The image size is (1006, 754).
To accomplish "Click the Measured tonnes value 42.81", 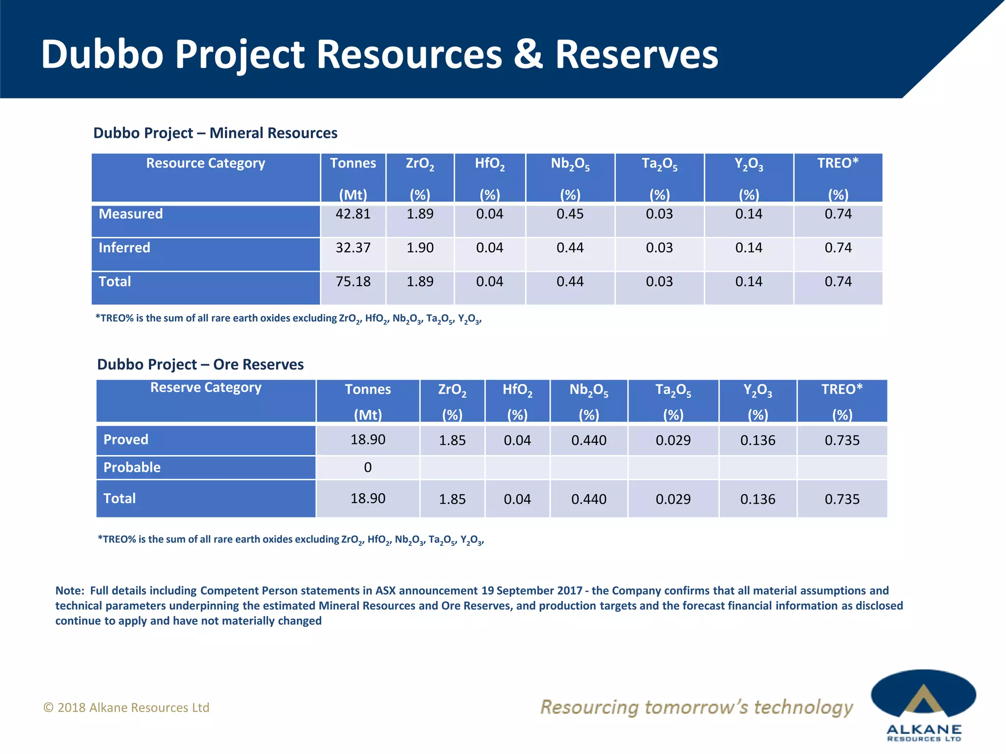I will coord(353,214).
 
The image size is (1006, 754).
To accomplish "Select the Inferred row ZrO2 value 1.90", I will coord(419,248).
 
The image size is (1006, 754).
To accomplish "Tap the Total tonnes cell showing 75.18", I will coord(353,282).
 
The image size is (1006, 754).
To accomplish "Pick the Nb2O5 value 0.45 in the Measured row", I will coord(570,214).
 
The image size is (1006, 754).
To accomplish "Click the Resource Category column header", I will coord(205,163).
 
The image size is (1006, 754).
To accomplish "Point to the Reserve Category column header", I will coord(205,388).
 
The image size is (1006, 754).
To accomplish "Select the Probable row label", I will coord(132,467).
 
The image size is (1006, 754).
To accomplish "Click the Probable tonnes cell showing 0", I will coord(367,467).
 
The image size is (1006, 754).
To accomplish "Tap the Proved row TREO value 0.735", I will coord(842,440).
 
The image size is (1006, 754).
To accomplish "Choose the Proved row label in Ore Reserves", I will coord(126,439).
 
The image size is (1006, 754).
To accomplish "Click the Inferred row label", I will coord(124,248).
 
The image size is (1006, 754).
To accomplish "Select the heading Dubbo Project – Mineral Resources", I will coord(215,133).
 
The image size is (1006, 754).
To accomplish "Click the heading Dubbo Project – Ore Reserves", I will coord(200,365).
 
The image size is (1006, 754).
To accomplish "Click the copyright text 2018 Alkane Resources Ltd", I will coord(127,707).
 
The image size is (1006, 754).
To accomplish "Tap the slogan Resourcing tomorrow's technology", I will coord(697,707).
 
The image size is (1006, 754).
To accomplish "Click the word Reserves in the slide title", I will coord(637,54).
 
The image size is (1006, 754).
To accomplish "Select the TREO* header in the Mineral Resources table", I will coord(838,163).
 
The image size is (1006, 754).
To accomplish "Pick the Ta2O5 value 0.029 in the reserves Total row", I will coord(673,499).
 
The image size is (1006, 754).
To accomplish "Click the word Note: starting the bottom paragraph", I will coord(70,591).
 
